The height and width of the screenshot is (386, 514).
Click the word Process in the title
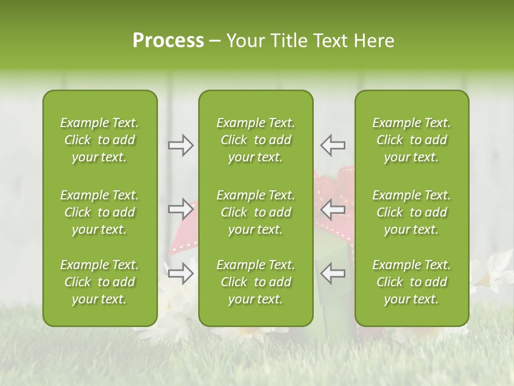tap(168, 41)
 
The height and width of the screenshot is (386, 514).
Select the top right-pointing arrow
tap(181, 145)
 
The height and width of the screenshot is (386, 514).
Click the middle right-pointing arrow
tap(181, 210)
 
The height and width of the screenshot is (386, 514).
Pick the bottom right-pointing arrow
tap(181, 273)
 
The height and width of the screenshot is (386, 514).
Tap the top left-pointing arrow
tap(332, 145)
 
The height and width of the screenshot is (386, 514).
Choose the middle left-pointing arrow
tap(332, 210)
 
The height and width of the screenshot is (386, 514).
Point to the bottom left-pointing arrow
tap(332, 273)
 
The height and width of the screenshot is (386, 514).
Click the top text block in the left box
tap(100, 140)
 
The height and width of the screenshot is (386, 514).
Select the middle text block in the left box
tap(100, 212)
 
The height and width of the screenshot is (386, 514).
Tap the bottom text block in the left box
tap(100, 282)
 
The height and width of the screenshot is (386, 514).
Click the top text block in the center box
tap(255, 140)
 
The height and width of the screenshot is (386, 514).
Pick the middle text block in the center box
tap(255, 212)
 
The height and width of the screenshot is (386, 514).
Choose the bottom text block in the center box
tap(255, 282)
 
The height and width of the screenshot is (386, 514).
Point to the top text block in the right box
tap(411, 140)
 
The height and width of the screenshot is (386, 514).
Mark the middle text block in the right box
tap(411, 212)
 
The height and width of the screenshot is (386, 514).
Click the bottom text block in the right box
tap(411, 282)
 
